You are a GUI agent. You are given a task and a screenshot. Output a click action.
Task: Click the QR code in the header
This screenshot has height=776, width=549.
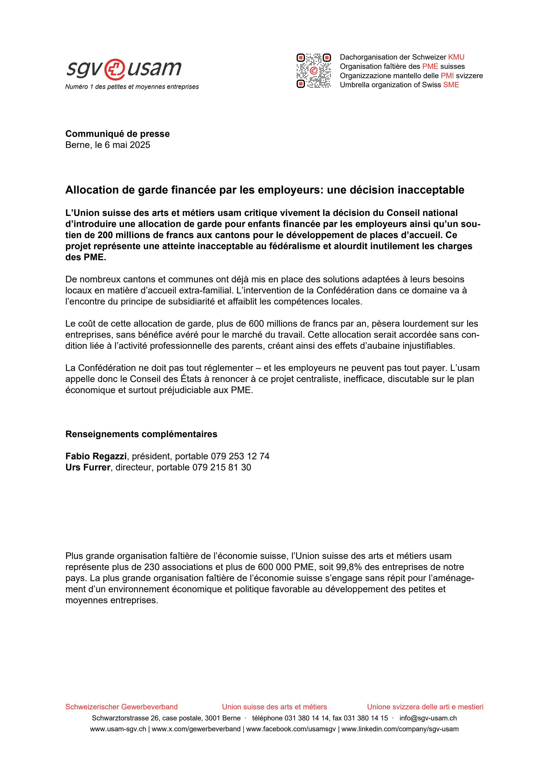[313, 71]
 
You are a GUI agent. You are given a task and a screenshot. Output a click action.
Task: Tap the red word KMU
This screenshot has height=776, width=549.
[456, 57]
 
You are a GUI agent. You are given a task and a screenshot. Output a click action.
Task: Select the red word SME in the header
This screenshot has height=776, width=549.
[451, 85]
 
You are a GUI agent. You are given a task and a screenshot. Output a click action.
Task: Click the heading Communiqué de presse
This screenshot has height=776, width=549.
[117, 134]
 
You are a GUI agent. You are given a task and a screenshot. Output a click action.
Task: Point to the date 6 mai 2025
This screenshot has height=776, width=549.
[127, 145]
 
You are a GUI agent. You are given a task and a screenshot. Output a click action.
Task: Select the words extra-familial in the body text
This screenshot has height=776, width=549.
[205, 290]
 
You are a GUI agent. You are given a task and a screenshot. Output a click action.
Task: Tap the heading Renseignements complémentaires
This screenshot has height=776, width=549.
[141, 434]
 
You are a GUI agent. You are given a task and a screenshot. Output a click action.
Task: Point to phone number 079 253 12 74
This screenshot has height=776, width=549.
[240, 456]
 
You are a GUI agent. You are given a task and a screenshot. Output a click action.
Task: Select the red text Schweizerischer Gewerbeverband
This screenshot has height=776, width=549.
[121, 707]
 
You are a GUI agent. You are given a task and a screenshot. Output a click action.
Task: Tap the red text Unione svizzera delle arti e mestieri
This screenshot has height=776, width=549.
[425, 707]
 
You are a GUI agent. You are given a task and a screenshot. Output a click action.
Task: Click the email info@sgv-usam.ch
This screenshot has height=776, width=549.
[428, 718]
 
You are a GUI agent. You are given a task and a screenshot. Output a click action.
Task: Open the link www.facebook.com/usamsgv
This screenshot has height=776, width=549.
[291, 729]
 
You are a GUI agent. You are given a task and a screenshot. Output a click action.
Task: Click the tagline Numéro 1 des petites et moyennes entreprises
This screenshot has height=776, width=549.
[132, 87]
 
